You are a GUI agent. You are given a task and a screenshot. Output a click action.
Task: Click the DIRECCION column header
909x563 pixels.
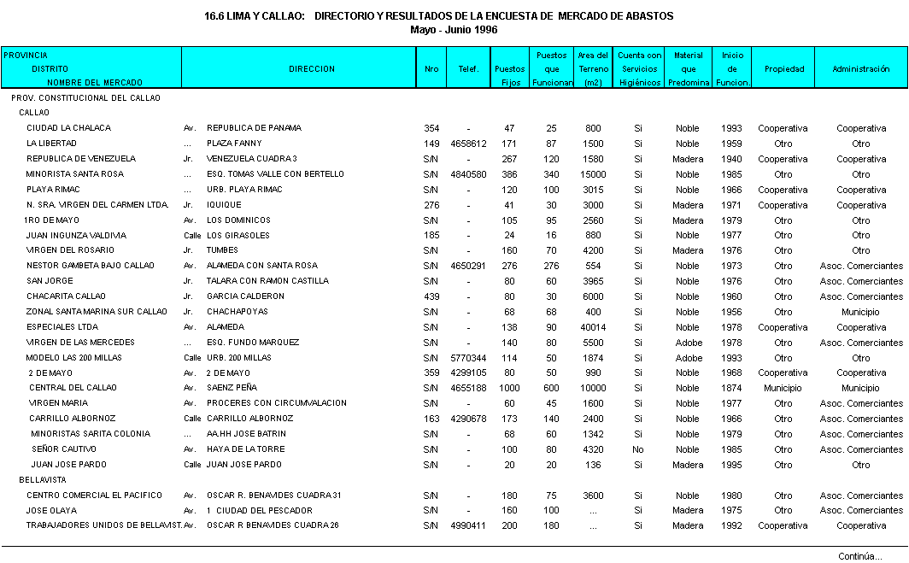point(312,69)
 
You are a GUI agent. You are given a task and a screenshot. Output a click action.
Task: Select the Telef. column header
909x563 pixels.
point(468,69)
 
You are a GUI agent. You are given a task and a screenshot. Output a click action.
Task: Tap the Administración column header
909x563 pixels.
point(861,69)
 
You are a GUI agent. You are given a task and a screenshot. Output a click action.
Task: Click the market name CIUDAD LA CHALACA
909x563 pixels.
point(68,128)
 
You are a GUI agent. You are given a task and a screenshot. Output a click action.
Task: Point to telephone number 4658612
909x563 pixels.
point(468,144)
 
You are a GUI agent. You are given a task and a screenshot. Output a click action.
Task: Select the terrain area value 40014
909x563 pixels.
point(592,327)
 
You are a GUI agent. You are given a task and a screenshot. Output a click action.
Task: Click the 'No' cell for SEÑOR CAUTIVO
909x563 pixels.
point(637,449)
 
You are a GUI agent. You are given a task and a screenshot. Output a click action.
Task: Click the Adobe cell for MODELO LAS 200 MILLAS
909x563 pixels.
point(688,358)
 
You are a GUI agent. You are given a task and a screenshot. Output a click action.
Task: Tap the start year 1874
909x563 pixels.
point(731,389)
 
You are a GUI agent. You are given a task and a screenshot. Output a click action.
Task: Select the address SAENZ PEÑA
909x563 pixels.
point(232,388)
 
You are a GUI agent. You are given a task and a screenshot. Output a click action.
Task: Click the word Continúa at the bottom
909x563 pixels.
point(859,556)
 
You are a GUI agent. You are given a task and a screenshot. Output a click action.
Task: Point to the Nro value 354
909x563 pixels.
point(431,128)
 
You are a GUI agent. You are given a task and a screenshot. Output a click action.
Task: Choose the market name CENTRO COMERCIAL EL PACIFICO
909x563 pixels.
point(94,496)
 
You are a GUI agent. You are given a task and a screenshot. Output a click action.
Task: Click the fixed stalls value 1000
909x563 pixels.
point(509,389)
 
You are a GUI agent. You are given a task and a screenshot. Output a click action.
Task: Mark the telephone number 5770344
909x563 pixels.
point(468,358)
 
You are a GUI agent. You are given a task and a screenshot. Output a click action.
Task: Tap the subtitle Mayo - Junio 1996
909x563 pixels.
point(454,29)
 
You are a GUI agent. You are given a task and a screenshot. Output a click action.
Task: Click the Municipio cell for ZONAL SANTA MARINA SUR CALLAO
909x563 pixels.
point(860,312)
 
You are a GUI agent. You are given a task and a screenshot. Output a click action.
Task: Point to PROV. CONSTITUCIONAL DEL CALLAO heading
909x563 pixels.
point(85,98)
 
